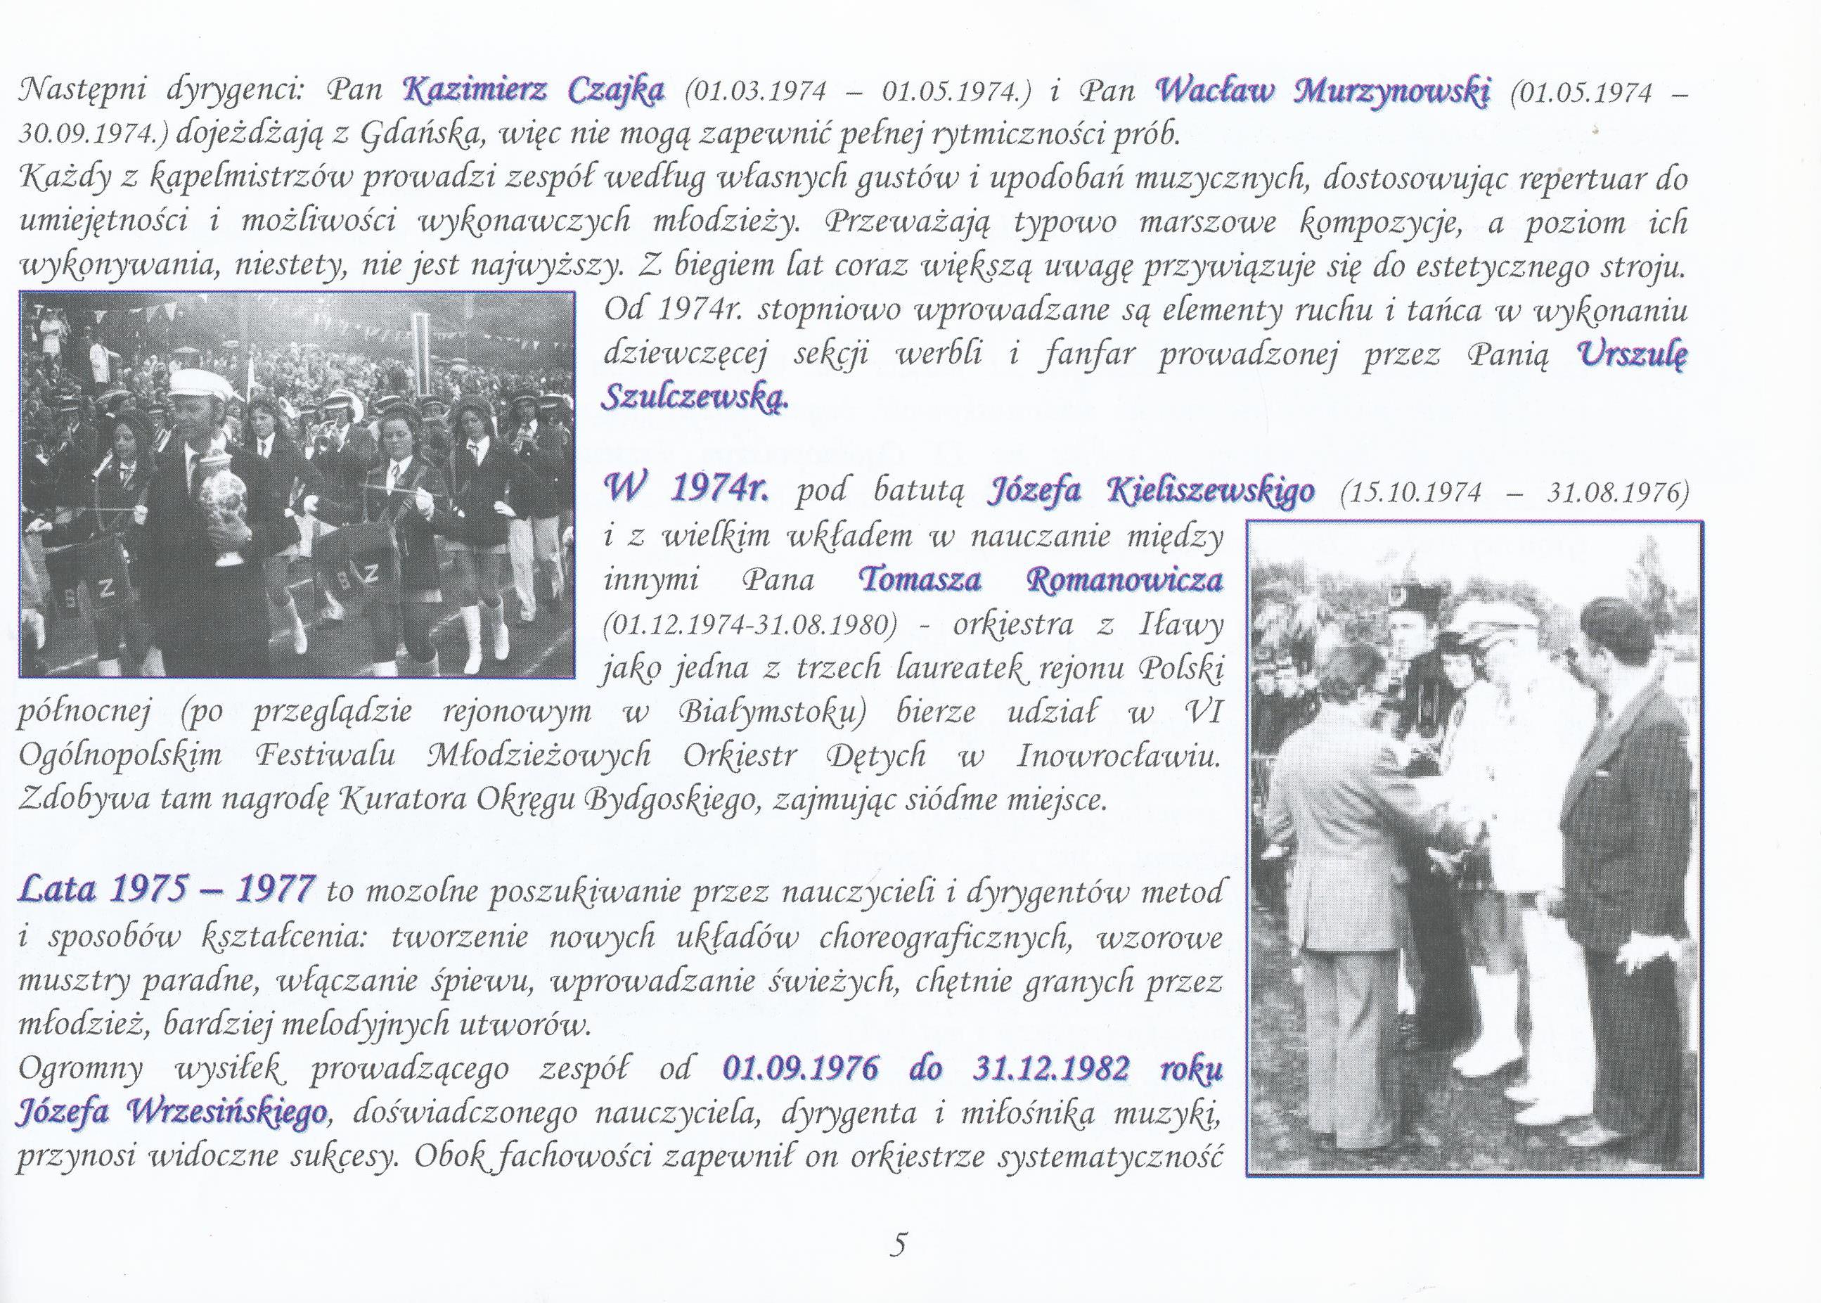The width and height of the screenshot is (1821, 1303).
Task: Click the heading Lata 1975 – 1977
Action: coord(166,889)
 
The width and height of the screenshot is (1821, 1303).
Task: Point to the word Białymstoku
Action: coord(771,712)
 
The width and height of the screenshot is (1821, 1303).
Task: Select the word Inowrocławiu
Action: coord(1117,757)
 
